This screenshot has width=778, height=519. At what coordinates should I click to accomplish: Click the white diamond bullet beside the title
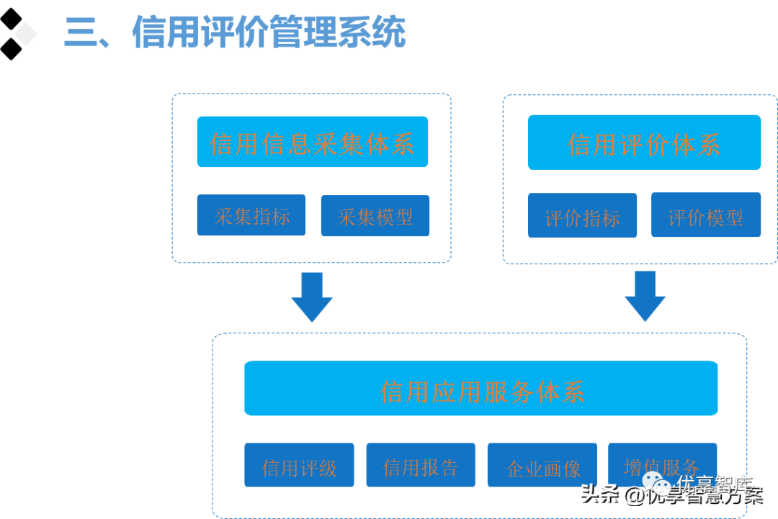[25, 33]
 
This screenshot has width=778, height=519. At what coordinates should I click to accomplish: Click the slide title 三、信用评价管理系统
[235, 33]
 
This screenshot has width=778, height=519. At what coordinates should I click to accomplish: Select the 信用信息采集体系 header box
[313, 143]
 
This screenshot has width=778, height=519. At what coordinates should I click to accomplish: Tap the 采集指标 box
[251, 215]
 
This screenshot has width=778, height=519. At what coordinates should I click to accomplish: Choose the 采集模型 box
[375, 216]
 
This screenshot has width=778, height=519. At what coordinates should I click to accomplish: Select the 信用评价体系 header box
[644, 143]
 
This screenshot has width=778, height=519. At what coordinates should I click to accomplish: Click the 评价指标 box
[582, 216]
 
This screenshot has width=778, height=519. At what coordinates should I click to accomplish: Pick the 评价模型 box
[706, 215]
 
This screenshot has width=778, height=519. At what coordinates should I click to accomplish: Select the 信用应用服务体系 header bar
[481, 389]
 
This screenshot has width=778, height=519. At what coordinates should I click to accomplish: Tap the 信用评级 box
[299, 466]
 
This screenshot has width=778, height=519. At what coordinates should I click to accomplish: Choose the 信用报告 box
[421, 466]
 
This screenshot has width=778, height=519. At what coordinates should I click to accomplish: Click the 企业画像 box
[543, 467]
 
